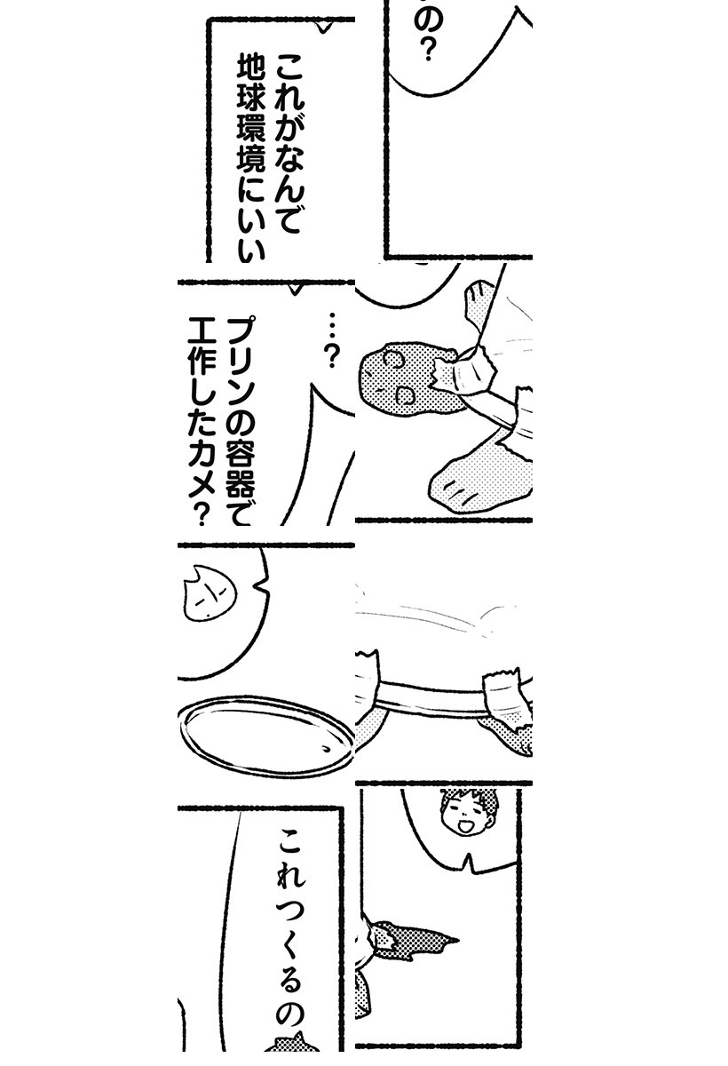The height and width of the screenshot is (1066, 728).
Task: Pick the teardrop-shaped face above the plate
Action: [209, 593]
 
